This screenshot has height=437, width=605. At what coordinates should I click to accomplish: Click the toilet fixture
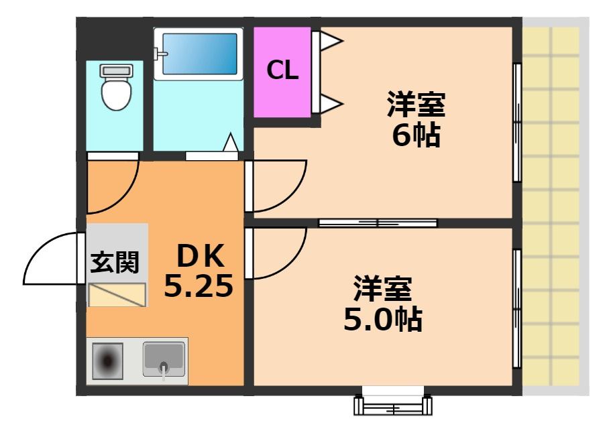pos(117,87)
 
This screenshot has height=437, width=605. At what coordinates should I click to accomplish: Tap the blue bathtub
pos(199,54)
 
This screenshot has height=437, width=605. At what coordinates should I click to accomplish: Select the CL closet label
pos(283,70)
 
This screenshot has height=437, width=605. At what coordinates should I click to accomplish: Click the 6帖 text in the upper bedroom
pos(417,135)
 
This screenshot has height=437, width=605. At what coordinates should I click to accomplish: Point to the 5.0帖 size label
pos(383,319)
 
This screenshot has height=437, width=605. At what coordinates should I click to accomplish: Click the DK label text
pos(201,256)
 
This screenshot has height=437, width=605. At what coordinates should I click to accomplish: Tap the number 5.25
pos(199,286)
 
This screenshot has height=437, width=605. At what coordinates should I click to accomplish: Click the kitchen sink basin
pos(164,359)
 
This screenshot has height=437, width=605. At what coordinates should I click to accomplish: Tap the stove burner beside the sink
pos(107,361)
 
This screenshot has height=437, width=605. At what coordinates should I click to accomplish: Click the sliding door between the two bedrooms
pos(378,223)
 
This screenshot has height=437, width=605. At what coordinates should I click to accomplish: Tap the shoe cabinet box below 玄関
pos(117,295)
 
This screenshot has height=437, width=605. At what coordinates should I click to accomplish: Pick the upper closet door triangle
pos(331,41)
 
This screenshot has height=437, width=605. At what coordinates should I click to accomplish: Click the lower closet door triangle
pos(331,104)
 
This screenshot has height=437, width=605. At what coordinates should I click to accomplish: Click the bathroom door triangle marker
pos(231,142)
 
